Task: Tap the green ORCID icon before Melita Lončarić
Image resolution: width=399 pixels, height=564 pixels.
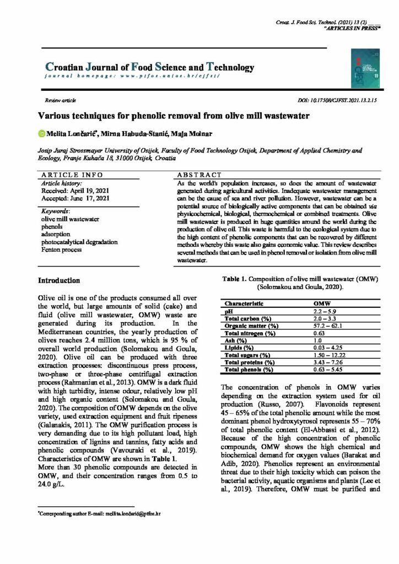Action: click(x=41, y=133)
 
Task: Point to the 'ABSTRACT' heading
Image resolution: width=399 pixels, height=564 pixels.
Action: click(x=199, y=174)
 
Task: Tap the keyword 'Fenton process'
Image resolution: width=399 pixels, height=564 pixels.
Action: click(x=61, y=250)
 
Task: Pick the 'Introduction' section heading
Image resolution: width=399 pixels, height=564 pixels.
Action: click(x=59, y=281)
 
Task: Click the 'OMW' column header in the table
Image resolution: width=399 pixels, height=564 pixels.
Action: click(x=321, y=303)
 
